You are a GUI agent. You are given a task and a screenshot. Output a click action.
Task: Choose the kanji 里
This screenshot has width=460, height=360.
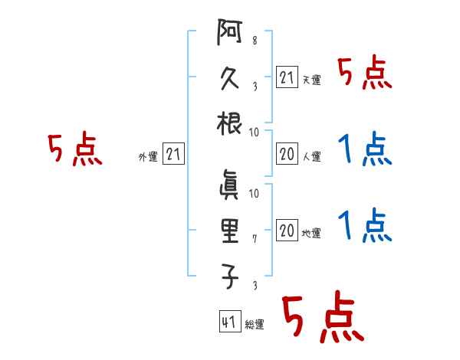click(x=229, y=229)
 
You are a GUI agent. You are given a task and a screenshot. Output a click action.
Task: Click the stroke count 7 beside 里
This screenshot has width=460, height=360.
click(x=254, y=239)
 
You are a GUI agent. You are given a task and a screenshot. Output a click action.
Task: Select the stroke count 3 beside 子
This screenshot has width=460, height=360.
click(x=254, y=286)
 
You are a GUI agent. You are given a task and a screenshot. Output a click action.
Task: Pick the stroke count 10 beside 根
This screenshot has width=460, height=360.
click(x=254, y=131)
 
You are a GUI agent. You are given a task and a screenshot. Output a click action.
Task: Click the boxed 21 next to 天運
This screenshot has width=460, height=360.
click(x=287, y=77)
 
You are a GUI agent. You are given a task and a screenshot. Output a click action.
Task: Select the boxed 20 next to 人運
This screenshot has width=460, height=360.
click(x=287, y=154)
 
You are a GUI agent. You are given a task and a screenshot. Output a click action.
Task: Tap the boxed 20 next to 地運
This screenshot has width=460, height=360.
click(x=287, y=230)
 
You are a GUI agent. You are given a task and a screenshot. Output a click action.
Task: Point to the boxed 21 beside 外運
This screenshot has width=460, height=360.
click(x=173, y=155)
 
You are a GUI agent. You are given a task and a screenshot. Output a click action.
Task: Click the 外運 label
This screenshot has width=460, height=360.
click(x=148, y=157)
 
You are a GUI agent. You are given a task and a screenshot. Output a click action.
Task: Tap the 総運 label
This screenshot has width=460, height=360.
click(x=255, y=325)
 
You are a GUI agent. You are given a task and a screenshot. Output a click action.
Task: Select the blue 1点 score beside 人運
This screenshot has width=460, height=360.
click(x=364, y=149)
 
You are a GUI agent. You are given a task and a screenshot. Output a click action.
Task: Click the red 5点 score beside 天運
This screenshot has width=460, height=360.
click(x=364, y=74)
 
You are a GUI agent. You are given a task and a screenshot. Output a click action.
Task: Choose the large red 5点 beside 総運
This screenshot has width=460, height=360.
click(x=321, y=318)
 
